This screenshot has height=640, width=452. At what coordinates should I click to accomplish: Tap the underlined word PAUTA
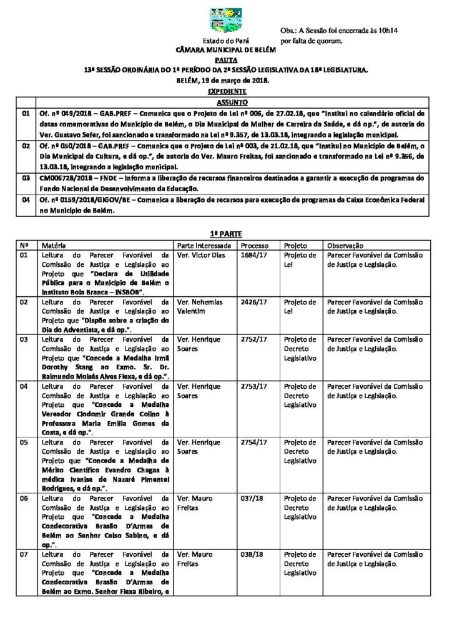[225, 60]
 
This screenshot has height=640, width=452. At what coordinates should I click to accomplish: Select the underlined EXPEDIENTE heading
[225, 91]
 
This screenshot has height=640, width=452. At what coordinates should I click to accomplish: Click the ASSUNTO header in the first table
[232, 102]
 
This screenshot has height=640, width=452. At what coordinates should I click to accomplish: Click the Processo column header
[255, 246]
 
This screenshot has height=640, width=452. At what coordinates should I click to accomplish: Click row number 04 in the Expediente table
[26, 201]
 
